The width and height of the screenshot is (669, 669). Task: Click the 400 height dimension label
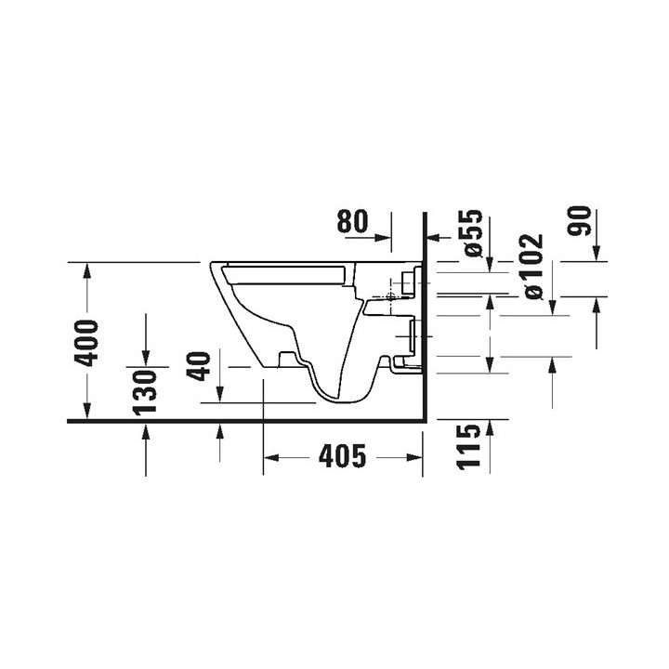[86, 343]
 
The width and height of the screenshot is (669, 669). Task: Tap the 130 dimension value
[145, 393]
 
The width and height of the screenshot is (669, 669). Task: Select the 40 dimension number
[199, 366]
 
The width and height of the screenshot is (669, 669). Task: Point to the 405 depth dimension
[343, 455]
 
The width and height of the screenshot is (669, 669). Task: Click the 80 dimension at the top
[352, 221]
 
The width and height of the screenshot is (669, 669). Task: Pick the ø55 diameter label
[474, 233]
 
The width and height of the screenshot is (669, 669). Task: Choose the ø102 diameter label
[534, 267]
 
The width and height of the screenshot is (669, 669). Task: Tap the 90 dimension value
[580, 221]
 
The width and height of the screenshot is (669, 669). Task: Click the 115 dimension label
[468, 447]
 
